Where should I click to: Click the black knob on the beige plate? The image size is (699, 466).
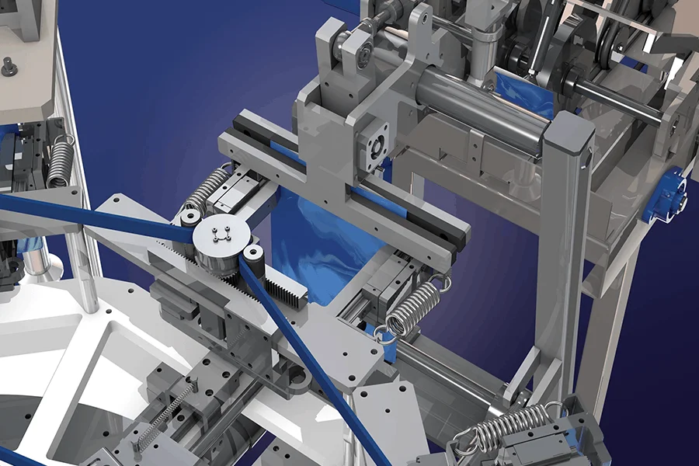9,68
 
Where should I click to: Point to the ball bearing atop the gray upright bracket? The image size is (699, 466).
358,47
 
